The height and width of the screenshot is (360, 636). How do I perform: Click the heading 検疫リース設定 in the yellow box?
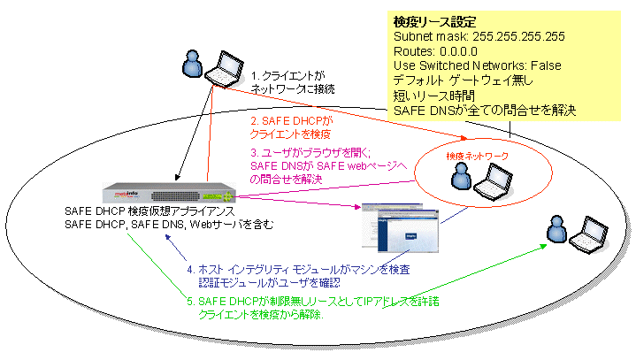click(434, 19)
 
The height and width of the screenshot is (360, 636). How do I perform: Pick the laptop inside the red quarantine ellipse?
click(491, 181)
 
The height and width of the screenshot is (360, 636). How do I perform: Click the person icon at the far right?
click(556, 229)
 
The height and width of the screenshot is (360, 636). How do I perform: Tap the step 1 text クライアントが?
click(287, 76)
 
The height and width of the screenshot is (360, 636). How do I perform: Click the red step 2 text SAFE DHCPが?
click(288, 120)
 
